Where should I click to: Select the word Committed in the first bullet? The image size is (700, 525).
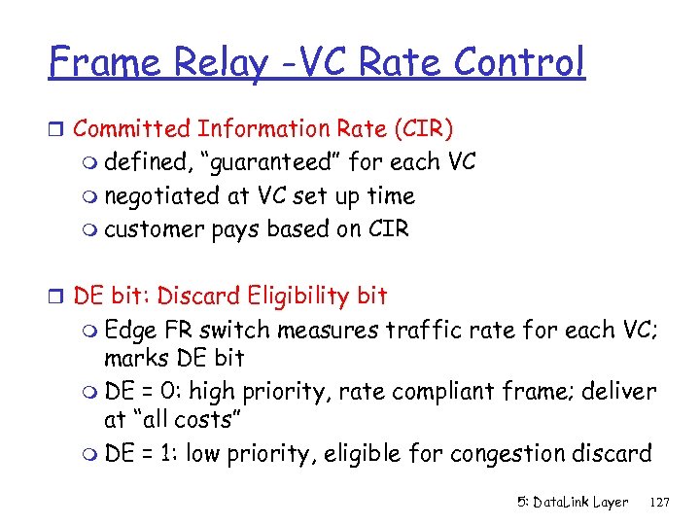pos(132,128)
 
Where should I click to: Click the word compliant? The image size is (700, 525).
pos(447,391)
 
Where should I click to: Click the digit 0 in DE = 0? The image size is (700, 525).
pos(170,391)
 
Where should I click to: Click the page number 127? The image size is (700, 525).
pos(660,502)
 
